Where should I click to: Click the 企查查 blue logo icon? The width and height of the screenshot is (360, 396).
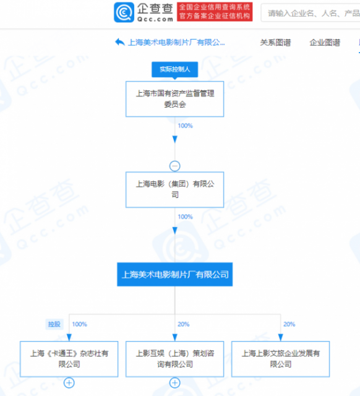coord(124,12)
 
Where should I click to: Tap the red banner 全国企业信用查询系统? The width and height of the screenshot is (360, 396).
coord(215,12)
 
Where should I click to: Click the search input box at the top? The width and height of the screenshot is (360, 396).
coord(311,12)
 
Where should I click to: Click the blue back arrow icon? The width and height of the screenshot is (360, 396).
coord(120,42)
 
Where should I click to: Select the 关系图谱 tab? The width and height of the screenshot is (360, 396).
coord(275,43)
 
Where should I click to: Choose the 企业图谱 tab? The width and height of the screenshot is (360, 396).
coord(325,43)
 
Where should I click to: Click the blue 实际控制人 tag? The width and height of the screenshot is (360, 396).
coord(174,69)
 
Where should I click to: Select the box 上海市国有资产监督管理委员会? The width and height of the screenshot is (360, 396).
coord(174,99)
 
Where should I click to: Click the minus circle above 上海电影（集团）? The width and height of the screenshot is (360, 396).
coord(174,166)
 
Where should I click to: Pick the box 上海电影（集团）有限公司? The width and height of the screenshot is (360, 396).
coord(174,190)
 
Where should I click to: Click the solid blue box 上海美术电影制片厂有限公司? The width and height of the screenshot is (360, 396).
coord(174,274)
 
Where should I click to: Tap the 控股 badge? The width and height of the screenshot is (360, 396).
coord(54,324)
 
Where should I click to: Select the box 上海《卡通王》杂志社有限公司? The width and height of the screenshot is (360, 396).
coord(69,359)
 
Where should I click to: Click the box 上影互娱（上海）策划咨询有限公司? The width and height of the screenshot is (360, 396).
coord(174,359)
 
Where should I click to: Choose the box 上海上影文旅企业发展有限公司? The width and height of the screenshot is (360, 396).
coord(280,359)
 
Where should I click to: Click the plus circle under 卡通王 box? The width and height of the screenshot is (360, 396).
coord(69,383)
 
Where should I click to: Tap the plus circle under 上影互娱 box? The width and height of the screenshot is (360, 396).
coord(174,383)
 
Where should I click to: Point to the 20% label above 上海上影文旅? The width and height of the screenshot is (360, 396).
coord(289,324)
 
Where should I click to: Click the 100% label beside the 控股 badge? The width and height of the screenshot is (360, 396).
coord(80,324)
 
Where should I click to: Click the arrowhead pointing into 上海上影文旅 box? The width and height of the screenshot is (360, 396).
coord(280,337)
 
